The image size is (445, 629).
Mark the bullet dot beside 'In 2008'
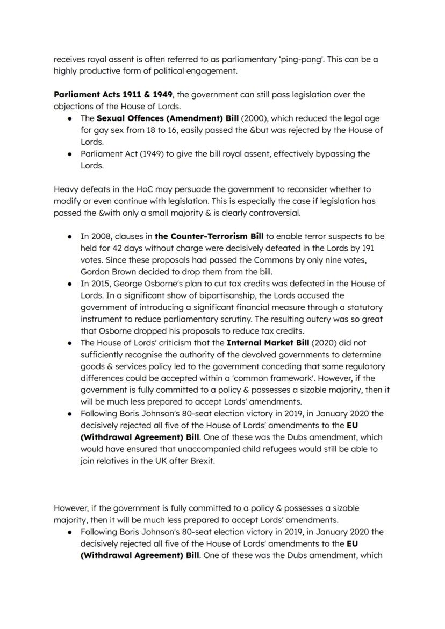[70, 237]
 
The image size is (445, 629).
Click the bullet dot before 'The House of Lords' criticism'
[70, 343]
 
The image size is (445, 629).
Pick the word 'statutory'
[365, 308]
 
